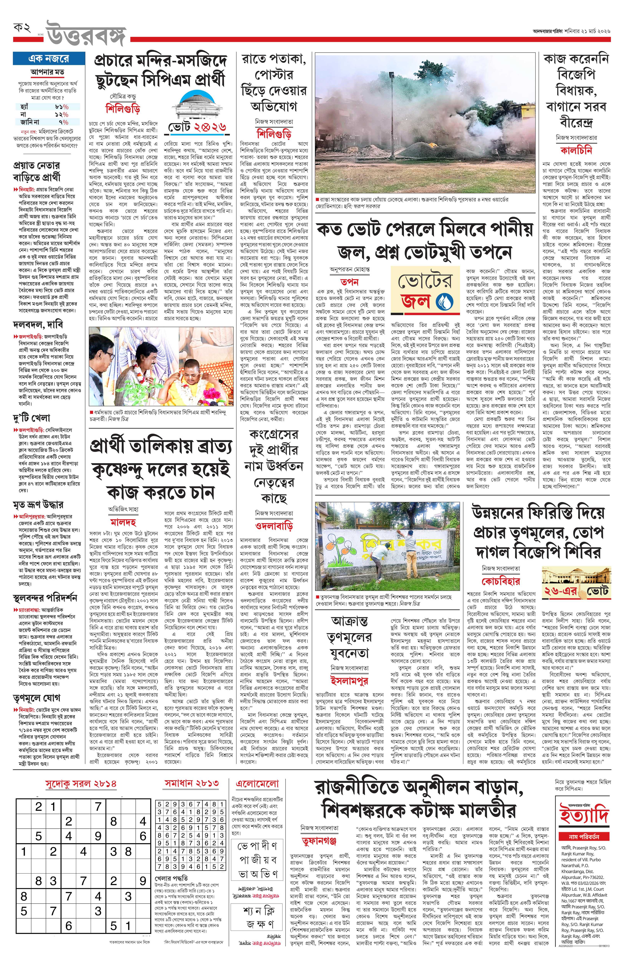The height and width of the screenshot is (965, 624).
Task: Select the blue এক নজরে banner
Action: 47,58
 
